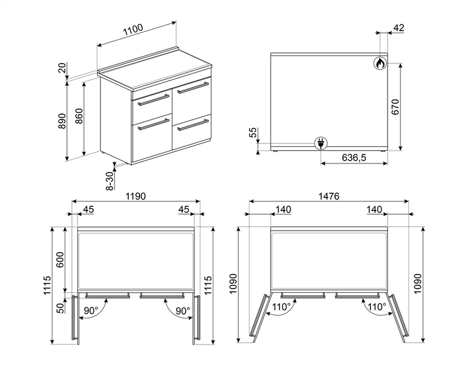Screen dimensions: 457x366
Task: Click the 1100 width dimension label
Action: (133, 30)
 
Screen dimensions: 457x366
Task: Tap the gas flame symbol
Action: (380, 63)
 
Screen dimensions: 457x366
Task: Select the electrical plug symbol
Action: (321, 143)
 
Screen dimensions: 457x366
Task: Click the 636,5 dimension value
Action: (354, 158)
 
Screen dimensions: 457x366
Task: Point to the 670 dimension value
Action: (395, 107)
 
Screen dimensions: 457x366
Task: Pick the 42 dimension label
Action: (399, 27)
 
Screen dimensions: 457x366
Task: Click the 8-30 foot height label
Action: (110, 181)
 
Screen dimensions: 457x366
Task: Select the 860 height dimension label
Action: (79, 116)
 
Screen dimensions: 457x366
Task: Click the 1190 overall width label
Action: (135, 196)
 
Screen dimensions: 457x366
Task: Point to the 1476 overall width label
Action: (329, 196)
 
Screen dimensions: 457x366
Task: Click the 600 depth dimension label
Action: (60, 259)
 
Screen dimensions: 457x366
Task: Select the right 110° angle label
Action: (377, 307)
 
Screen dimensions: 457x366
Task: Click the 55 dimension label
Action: (253, 132)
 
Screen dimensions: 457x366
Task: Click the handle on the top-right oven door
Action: (193, 88)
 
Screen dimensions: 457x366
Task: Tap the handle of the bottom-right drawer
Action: (193, 124)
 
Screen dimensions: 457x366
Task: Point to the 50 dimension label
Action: (60, 308)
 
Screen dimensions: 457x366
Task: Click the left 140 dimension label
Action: (283, 209)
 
